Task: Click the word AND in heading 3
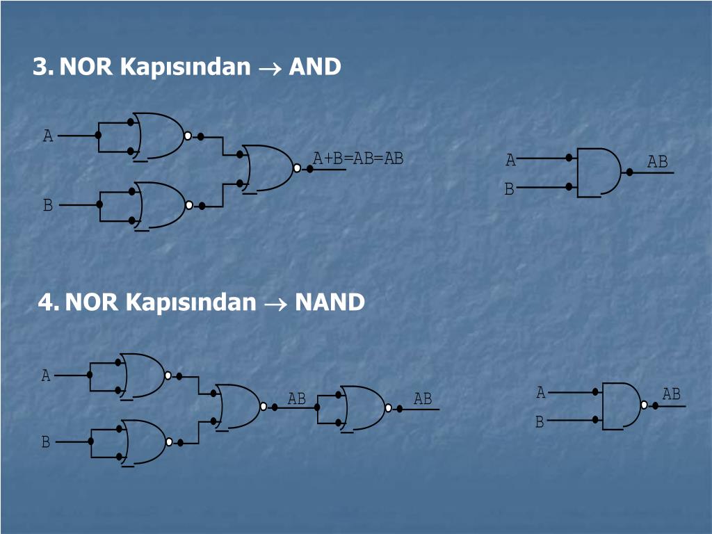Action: click(x=315, y=67)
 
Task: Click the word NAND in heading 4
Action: click(x=330, y=302)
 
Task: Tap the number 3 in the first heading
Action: click(x=41, y=67)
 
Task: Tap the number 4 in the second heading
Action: click(x=47, y=302)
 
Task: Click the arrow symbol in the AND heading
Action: click(x=269, y=68)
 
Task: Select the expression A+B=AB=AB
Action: click(x=358, y=159)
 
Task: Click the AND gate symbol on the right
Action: click(x=598, y=171)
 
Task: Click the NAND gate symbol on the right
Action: click(x=621, y=405)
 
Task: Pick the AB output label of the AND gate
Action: click(x=657, y=162)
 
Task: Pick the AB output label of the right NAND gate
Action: click(x=671, y=394)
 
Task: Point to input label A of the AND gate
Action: click(x=510, y=161)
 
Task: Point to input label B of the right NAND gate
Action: click(x=539, y=422)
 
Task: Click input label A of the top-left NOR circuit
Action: click(x=48, y=136)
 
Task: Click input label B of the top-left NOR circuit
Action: click(x=48, y=205)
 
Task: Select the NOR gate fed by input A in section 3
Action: click(x=161, y=136)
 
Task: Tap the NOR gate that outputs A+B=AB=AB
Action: click(x=269, y=168)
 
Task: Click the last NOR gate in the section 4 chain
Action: click(x=363, y=407)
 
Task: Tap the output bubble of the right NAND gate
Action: click(x=644, y=405)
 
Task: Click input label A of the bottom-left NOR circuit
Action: click(x=46, y=376)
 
